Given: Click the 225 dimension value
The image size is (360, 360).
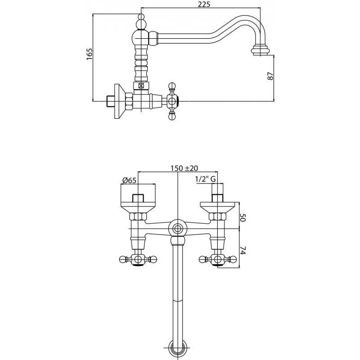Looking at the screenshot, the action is (204, 4).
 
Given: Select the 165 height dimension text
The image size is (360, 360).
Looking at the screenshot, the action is (89, 54).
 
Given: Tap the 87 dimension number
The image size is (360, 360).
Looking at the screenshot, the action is (270, 76).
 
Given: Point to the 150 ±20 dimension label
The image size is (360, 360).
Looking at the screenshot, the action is (184, 168).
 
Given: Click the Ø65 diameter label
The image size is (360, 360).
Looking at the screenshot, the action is (129, 180).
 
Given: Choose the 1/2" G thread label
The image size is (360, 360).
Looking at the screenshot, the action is (206, 179).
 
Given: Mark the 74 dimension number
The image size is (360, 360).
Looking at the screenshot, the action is (243, 250).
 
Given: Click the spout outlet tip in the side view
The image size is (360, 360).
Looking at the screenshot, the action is (260, 51).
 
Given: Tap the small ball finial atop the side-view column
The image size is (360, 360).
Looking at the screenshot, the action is (141, 17).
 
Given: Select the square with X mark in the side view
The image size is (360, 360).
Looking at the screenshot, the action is (141, 86).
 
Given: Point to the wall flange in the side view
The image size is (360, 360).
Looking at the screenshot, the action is (120, 101).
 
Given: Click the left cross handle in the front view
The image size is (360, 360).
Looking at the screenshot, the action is (138, 260).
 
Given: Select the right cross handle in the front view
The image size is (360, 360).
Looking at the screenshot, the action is (217, 260).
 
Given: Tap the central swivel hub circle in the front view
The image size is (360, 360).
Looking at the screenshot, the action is (177, 229).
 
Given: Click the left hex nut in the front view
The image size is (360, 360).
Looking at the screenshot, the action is (138, 216).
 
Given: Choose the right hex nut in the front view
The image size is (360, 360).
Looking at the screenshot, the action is (217, 216).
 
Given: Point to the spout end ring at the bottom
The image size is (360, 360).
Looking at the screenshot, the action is (177, 349).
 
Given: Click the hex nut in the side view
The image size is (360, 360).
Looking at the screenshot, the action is (129, 101).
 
